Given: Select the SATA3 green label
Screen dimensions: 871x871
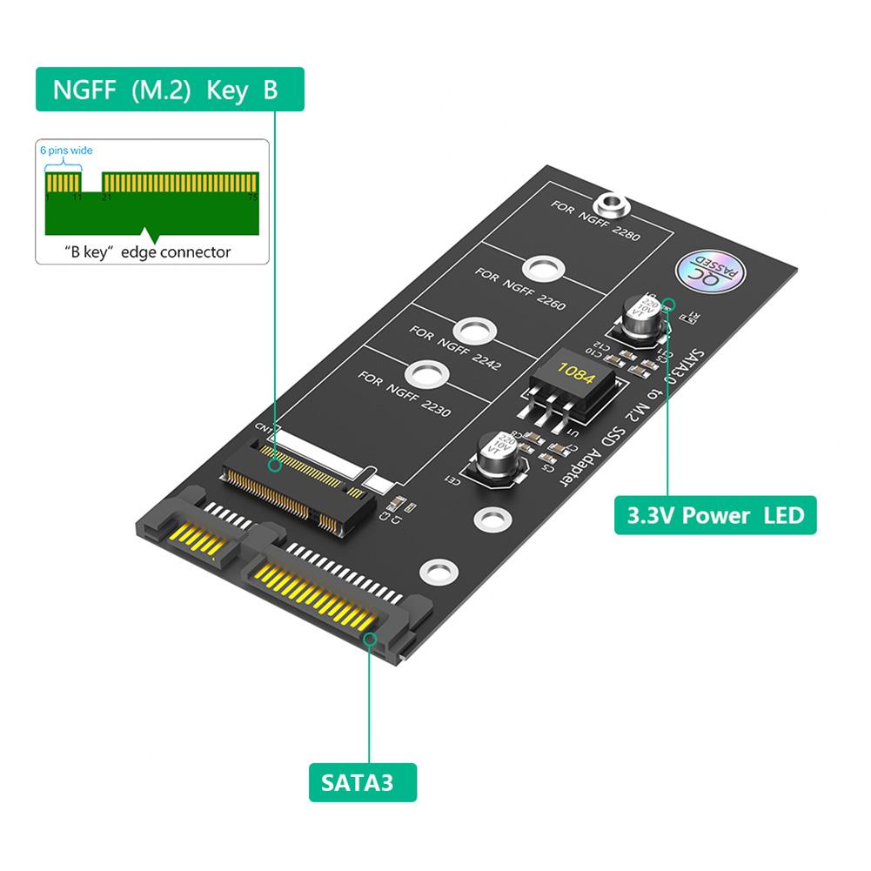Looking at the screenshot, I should click(x=363, y=781).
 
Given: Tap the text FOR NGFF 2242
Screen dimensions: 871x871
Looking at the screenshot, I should click(x=454, y=346).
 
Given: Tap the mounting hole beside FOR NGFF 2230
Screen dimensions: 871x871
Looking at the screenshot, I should click(x=424, y=374).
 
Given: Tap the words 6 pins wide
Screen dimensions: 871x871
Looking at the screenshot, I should click(x=66, y=151).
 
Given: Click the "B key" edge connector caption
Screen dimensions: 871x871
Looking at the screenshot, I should click(x=148, y=252).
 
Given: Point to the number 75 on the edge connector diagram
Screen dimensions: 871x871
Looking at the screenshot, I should click(x=251, y=198).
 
